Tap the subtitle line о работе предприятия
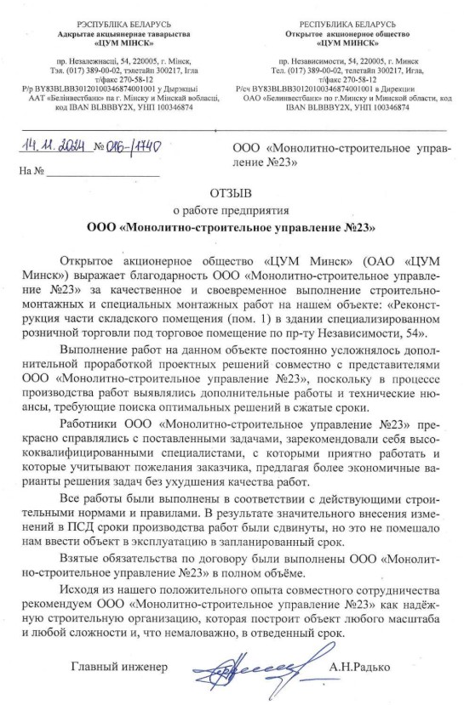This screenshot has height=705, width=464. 232,210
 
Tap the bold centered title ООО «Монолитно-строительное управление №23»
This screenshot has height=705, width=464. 232,227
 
